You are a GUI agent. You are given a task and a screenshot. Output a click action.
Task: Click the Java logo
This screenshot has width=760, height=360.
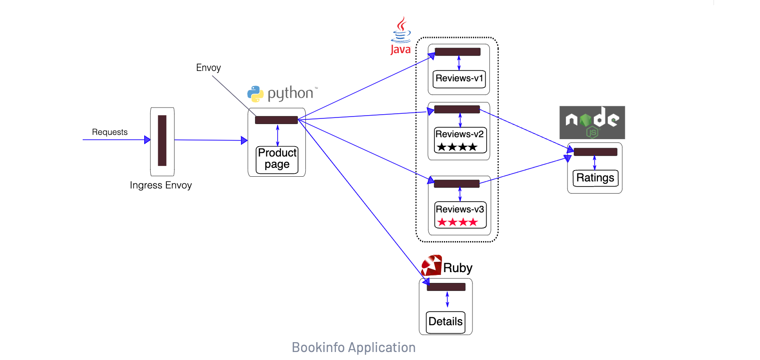(401, 36)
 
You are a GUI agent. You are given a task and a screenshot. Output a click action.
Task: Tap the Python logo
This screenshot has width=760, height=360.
(256, 94)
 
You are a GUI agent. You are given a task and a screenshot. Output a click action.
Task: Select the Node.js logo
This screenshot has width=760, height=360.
(592, 122)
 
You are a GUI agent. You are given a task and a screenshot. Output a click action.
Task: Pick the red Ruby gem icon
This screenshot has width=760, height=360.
(431, 266)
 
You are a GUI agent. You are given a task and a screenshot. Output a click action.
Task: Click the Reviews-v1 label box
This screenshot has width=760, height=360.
(459, 78)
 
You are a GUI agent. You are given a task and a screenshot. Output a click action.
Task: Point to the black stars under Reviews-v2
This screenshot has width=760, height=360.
(457, 147)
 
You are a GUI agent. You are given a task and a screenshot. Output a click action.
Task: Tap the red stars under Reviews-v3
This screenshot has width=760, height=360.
(458, 222)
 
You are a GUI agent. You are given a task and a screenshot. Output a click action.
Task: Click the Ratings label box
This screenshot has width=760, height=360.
(595, 178)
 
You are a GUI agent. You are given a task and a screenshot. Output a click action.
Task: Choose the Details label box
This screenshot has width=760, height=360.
(445, 322)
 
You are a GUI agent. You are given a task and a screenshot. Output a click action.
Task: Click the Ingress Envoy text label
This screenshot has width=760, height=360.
(161, 185)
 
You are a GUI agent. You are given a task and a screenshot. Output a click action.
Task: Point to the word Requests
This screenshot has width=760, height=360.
(109, 132)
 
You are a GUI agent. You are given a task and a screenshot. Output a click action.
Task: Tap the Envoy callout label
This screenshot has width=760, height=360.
(208, 68)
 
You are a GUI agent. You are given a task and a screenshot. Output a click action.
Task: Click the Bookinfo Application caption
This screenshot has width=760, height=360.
(353, 347)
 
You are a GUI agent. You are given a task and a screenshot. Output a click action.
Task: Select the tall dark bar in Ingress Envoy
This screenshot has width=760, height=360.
(162, 141)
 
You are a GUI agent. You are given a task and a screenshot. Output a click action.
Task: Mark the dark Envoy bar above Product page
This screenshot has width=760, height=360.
(276, 120)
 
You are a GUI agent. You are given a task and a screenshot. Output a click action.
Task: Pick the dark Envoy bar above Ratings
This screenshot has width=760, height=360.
(595, 152)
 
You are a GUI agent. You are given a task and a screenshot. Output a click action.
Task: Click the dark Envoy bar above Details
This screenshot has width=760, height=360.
(446, 287)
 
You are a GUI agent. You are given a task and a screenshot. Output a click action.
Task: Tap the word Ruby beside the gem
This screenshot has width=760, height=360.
(458, 268)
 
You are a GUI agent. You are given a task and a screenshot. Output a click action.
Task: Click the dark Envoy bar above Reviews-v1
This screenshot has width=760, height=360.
(458, 52)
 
